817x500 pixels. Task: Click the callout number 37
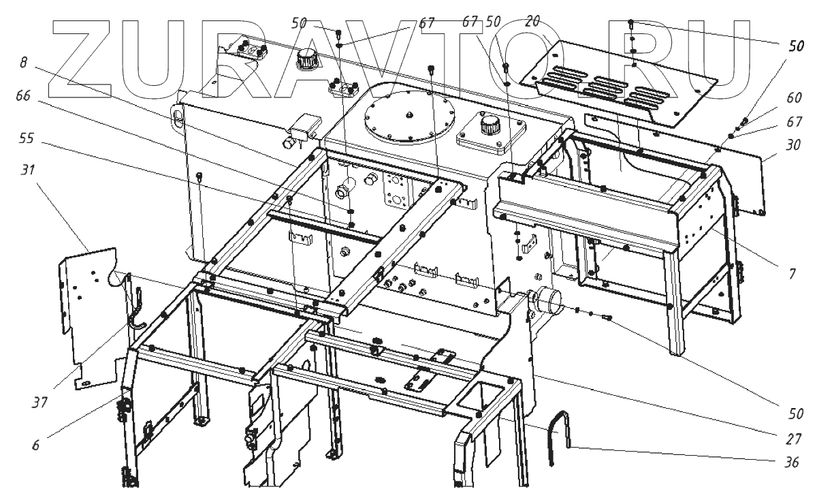38,401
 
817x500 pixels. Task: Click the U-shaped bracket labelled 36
559,436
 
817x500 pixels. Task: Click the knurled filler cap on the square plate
489,125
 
